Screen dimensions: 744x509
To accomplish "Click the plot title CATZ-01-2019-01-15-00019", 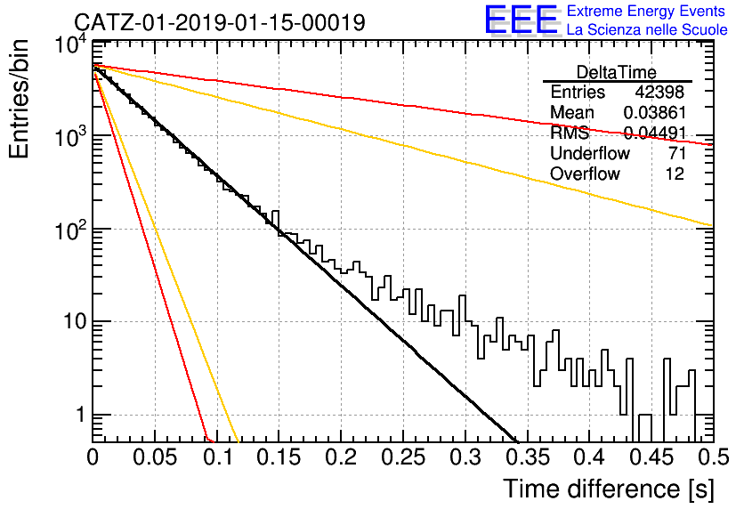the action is pos(220,22).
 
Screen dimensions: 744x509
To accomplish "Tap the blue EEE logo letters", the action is pos(521,20).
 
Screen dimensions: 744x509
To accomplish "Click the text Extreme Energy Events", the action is pos(646,11).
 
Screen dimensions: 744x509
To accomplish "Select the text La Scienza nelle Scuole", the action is pos(647,29).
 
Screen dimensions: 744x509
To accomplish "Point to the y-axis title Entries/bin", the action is pos(19,99).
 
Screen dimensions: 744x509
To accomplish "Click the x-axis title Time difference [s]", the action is pos(609,489).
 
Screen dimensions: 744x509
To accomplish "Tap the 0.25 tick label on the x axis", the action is pos(403,457).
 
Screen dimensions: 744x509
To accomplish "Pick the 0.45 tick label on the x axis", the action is pos(651,457).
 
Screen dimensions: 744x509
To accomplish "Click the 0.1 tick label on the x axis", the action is pos(217,457).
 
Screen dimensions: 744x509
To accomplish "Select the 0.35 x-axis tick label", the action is pos(527,457).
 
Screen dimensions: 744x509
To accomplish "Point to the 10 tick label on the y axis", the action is pos(75,322).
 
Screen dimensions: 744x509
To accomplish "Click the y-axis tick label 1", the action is pos(80,415).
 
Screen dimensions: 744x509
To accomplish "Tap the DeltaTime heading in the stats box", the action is pos(617,72).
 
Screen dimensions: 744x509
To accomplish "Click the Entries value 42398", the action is pos(659,92).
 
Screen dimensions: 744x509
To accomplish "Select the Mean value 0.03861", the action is pos(654,112).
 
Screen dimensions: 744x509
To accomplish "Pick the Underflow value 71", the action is pos(675,153).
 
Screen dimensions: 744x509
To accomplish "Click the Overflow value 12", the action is pos(675,174).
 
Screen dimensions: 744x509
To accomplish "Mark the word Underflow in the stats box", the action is pos(590,153).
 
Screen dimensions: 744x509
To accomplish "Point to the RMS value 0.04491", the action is pos(654,133).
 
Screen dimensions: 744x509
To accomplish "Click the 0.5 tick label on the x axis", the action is pos(715,457).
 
